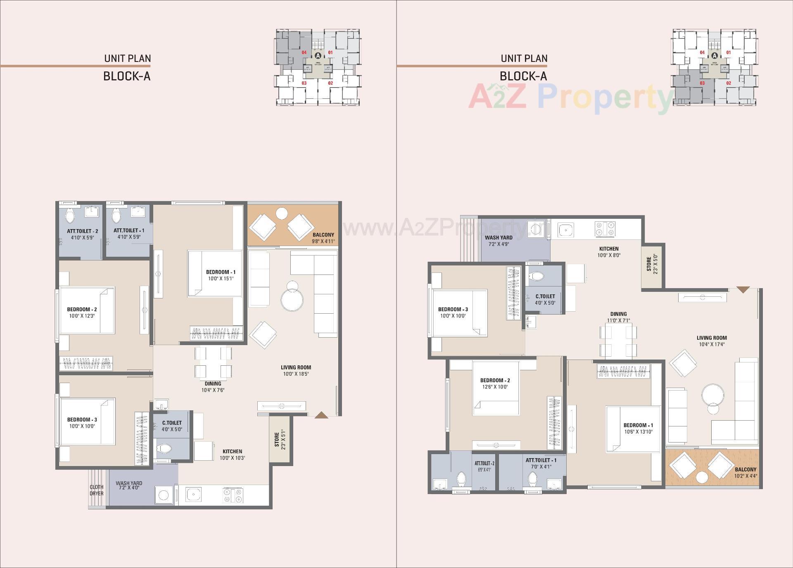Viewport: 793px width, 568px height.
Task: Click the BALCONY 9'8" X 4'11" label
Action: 323,238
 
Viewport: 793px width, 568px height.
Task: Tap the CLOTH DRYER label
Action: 97,490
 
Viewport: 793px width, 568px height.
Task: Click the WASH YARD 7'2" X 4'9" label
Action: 499,241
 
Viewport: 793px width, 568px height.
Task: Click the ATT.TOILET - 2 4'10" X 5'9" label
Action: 83,234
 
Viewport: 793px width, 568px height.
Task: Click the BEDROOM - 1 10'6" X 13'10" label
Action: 638,428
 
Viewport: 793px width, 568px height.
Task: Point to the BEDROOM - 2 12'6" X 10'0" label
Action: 495,383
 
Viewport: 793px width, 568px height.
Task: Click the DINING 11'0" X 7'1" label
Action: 618,317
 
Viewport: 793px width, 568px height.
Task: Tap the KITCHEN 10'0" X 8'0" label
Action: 609,252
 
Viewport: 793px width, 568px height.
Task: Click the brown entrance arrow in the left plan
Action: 321,415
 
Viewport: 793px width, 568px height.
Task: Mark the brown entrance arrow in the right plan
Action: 743,290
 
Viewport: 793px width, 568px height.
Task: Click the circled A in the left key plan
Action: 318,55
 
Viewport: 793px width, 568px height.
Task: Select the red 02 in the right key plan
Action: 729,83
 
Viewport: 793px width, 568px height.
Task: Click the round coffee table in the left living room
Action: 292,299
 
